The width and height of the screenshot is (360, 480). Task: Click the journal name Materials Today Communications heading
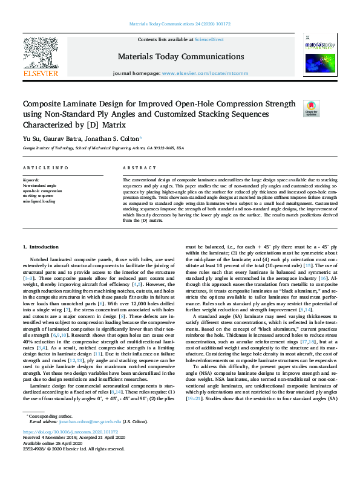(x=180, y=57)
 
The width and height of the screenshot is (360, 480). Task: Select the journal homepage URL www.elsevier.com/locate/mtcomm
(x=205, y=73)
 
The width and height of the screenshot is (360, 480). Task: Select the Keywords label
(x=31, y=180)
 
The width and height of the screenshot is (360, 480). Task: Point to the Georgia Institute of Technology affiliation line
(x=103, y=147)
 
